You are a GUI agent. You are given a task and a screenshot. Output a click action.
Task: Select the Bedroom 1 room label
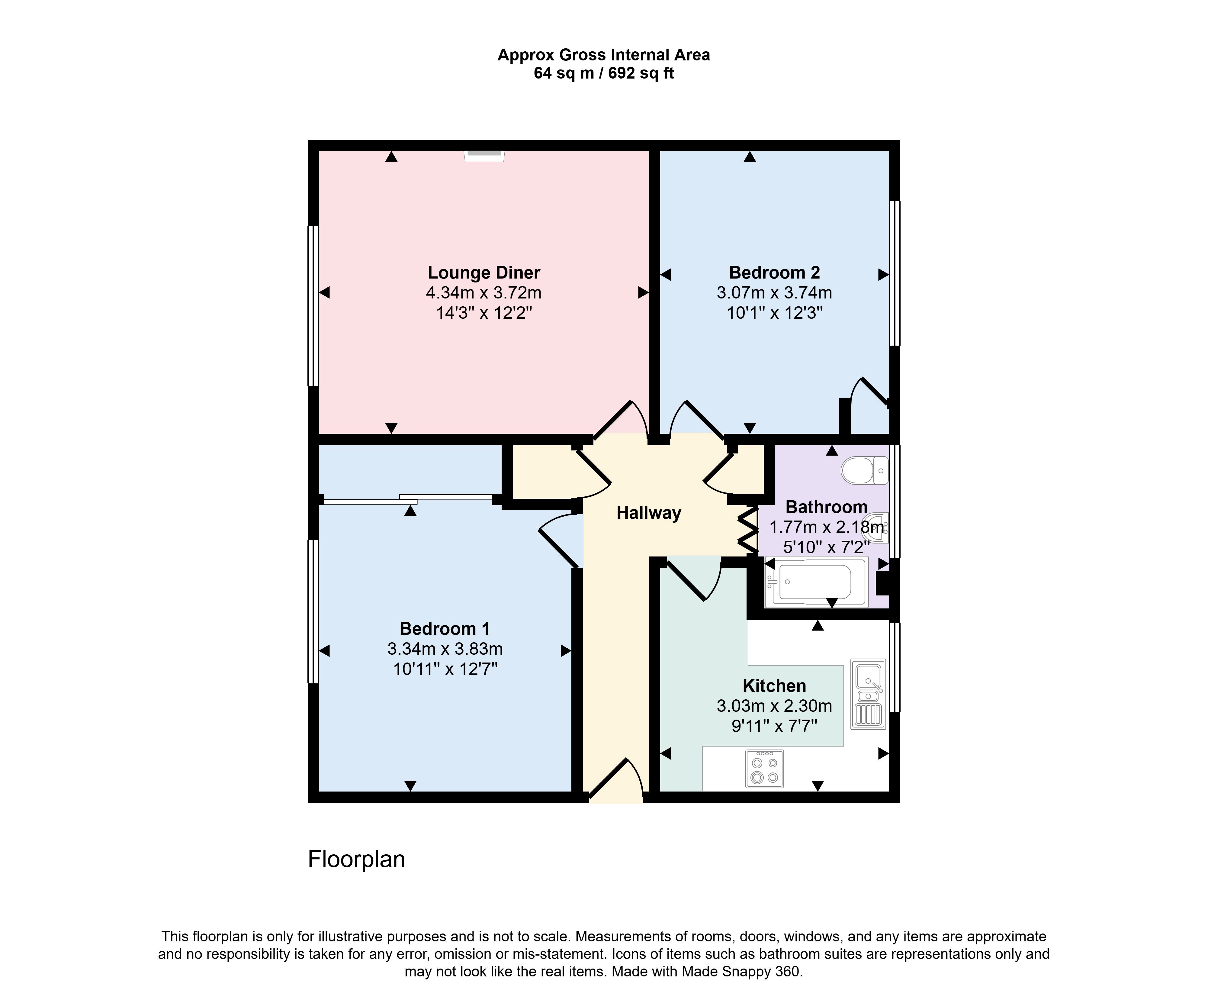(445, 628)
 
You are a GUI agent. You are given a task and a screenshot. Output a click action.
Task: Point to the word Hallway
(649, 513)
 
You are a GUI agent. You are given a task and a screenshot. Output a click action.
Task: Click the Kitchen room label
(774, 685)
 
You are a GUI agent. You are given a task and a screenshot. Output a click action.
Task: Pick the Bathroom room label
(827, 507)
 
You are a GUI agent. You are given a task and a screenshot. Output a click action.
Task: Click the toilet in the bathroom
(865, 470)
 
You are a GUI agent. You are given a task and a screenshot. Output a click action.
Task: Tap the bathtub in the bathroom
(816, 582)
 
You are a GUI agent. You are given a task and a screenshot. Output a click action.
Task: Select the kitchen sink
(868, 694)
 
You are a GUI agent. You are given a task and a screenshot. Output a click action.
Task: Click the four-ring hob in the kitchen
(764, 768)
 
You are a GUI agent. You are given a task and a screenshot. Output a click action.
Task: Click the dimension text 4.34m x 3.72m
(484, 293)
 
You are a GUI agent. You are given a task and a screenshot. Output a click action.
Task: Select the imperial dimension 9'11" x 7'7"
(774, 726)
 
